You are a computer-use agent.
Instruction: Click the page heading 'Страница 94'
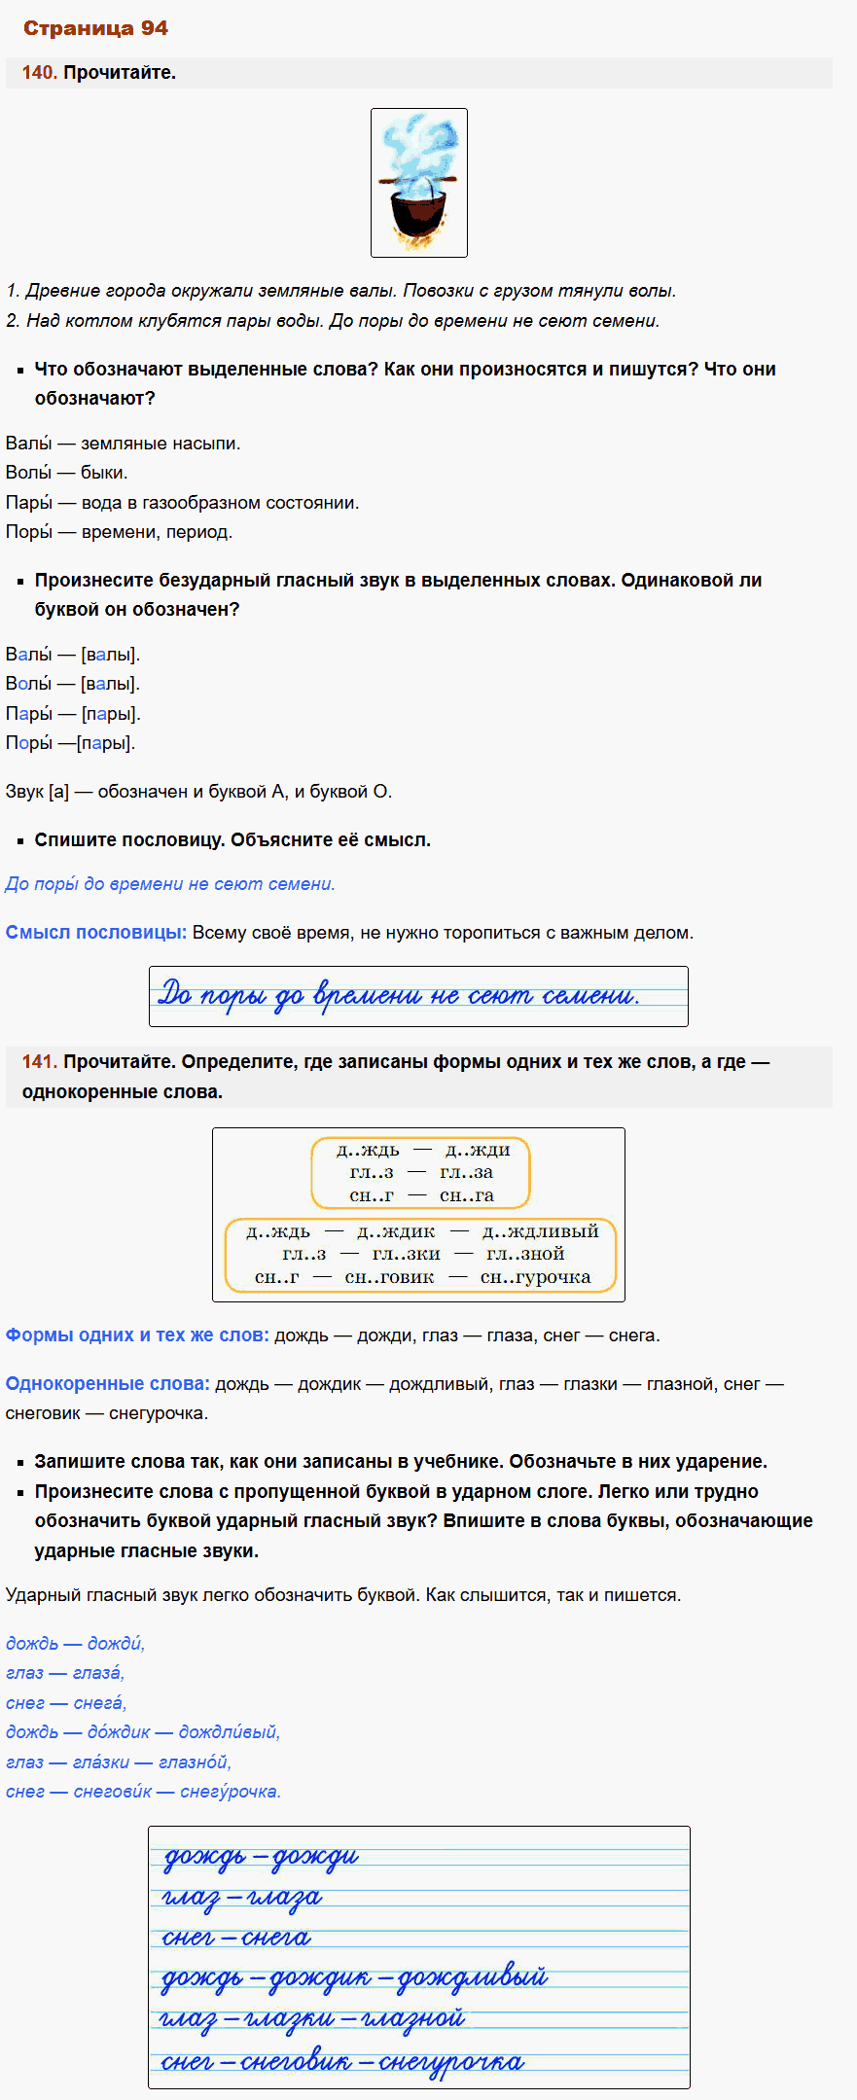pyautogui.click(x=95, y=28)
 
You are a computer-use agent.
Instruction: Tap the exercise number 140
pyautogui.click(x=39, y=73)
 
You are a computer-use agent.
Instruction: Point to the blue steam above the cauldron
pyautogui.click(x=420, y=146)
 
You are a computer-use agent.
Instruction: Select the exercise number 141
pyautogui.click(x=39, y=1062)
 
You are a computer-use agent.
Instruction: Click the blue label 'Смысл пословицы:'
pyautogui.click(x=95, y=933)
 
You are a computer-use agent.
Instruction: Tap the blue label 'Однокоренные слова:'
pyautogui.click(x=107, y=1384)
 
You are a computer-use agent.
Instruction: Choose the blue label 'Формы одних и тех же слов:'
pyautogui.click(x=137, y=1335)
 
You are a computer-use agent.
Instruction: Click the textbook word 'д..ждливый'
pyautogui.click(x=540, y=1231)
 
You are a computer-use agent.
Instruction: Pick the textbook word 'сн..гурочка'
pyautogui.click(x=535, y=1278)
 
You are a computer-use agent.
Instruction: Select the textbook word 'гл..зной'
pyautogui.click(x=525, y=1255)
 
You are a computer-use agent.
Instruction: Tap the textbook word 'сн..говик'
pyautogui.click(x=389, y=1278)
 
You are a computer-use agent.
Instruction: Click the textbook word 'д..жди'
pyautogui.click(x=478, y=1151)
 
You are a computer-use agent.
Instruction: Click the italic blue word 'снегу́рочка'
pyautogui.click(x=231, y=1792)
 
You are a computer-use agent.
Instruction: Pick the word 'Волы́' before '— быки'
pyautogui.click(x=28, y=473)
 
